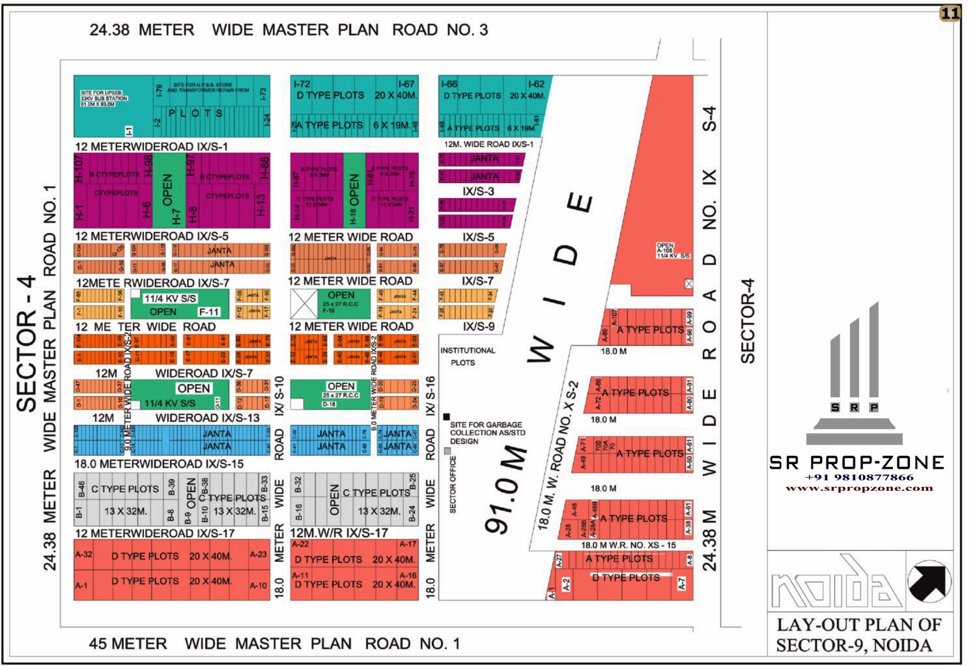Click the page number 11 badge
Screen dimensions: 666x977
click(x=950, y=14)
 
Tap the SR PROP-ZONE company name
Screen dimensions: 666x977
click(x=857, y=463)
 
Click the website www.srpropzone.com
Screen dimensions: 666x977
click(x=859, y=488)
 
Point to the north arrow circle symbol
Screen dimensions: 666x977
click(x=929, y=581)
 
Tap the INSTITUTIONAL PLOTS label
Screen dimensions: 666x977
click(x=467, y=356)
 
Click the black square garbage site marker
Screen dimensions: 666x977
click(x=446, y=417)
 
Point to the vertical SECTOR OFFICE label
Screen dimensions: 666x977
click(x=453, y=484)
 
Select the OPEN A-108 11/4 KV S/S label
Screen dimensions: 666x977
click(x=672, y=251)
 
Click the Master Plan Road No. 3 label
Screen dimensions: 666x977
click(x=289, y=30)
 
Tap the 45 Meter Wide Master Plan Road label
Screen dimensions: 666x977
click(x=274, y=644)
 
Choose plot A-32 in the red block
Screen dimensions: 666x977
click(x=83, y=555)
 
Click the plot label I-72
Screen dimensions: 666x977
click(x=302, y=84)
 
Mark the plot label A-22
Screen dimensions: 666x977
click(x=300, y=544)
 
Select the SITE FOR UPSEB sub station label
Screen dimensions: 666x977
click(x=104, y=98)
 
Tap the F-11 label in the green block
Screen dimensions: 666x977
click(x=208, y=312)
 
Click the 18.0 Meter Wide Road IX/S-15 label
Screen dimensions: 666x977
click(x=159, y=464)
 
